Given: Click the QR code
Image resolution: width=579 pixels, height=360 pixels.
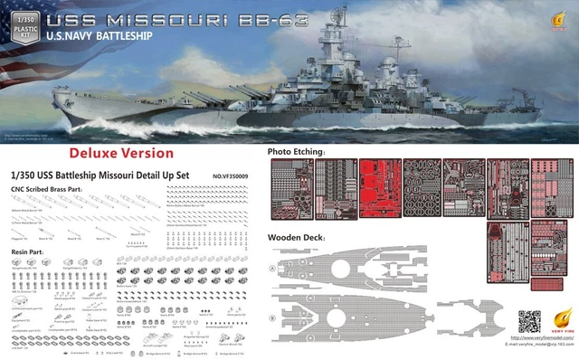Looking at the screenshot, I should [528, 321].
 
